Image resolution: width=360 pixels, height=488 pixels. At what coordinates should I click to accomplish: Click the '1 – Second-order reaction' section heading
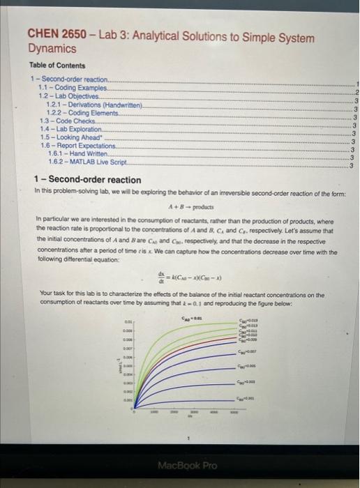click(x=87, y=180)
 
